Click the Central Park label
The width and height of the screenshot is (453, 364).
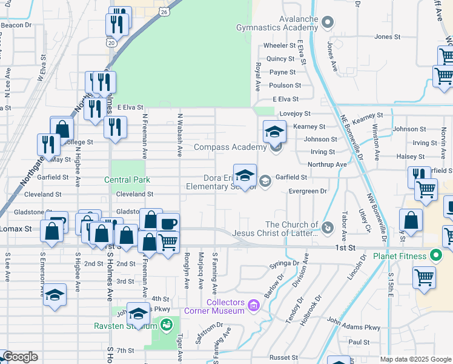[x=127, y=180]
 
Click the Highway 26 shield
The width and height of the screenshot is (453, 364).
[x=165, y=12]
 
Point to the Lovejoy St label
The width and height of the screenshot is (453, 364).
[x=294, y=113]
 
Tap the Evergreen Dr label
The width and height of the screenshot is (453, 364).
[x=308, y=191]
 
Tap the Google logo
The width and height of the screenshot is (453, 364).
[x=20, y=357]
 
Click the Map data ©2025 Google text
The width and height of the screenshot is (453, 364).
[x=415, y=359]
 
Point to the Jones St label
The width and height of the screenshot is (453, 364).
[x=388, y=37]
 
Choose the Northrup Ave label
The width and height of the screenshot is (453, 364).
[x=327, y=164]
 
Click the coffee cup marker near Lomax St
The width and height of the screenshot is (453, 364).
[x=168, y=223]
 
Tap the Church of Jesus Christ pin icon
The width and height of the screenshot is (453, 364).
[x=327, y=227]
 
